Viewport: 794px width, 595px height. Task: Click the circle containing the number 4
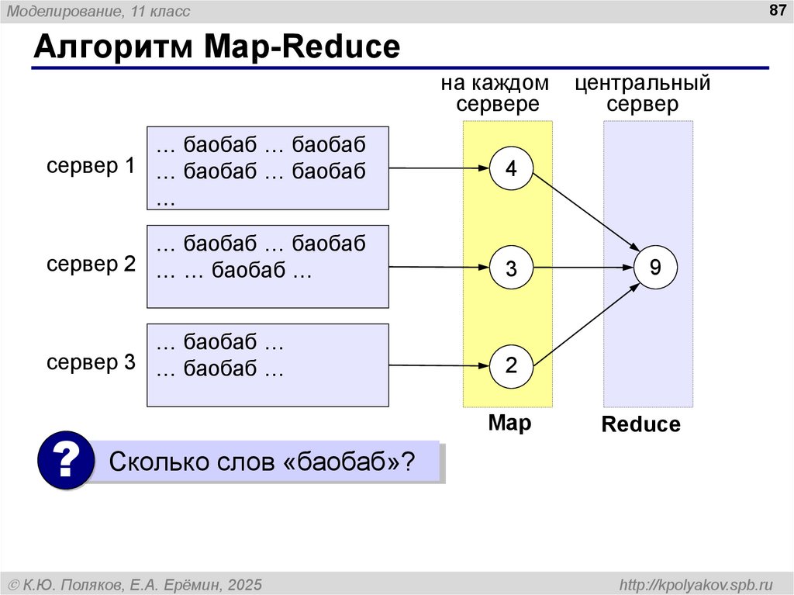point(512,168)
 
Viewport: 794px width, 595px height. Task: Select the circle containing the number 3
point(512,268)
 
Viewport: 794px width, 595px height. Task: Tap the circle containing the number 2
point(512,365)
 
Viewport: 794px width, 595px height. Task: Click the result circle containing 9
point(655,268)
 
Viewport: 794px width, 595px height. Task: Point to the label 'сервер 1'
point(91,166)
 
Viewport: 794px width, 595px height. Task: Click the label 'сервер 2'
point(91,265)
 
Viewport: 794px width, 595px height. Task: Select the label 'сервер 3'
point(91,362)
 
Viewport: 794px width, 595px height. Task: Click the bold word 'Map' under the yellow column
point(509,424)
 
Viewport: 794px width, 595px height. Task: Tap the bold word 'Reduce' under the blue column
point(640,425)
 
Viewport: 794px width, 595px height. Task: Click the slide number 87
point(776,11)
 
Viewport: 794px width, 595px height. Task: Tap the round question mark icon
point(66,462)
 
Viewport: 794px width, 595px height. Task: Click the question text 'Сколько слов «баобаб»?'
point(262,462)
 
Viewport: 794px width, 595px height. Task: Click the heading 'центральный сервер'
point(643,94)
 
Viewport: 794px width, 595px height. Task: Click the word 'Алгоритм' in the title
point(112,48)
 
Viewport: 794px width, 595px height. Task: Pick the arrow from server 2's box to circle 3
point(439,268)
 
